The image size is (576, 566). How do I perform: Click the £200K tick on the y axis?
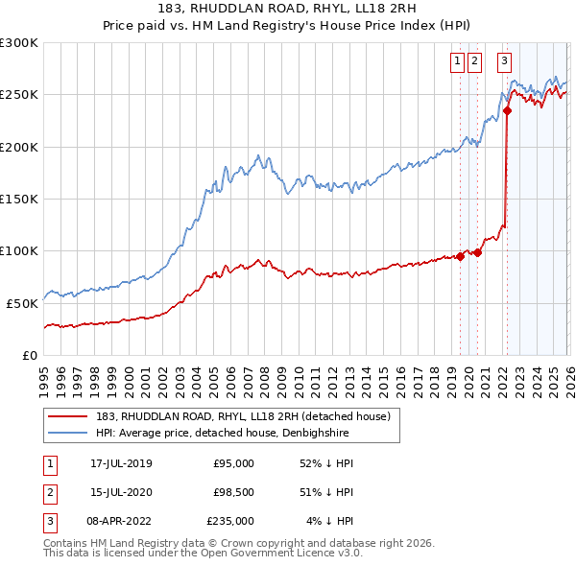click(x=19, y=147)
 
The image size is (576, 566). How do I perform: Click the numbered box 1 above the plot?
click(x=457, y=61)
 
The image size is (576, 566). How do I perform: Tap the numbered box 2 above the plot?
click(x=474, y=61)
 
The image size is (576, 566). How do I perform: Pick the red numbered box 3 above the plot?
click(x=504, y=61)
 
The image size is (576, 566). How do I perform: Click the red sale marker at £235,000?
click(x=507, y=110)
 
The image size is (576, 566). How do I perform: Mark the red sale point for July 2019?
click(x=461, y=256)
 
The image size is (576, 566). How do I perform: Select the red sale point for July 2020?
click(x=477, y=252)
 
